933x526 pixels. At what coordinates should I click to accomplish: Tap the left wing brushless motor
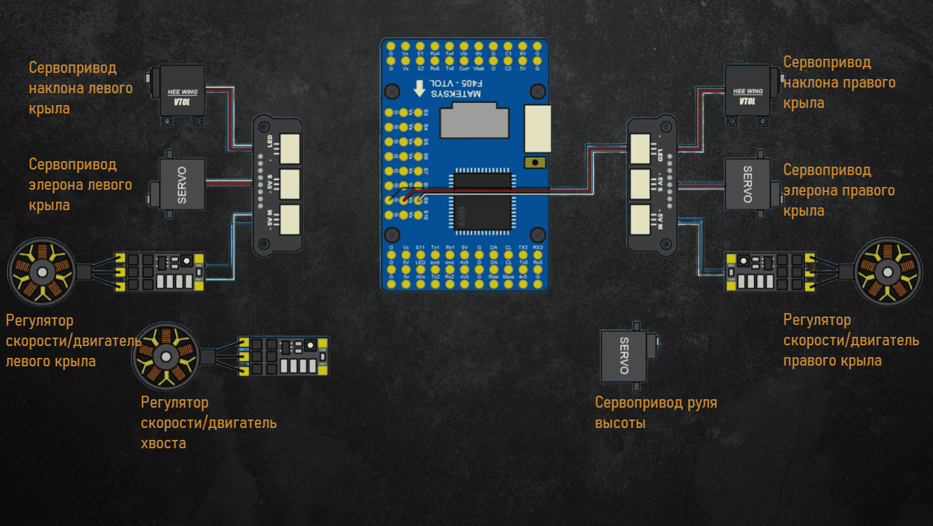(41, 272)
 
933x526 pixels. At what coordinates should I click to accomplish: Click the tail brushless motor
(167, 356)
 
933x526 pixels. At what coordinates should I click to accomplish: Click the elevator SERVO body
(624, 356)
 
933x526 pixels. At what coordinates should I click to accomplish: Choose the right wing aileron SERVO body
(748, 184)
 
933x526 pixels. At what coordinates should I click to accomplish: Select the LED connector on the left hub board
(289, 145)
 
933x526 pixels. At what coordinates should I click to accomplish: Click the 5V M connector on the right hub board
(640, 219)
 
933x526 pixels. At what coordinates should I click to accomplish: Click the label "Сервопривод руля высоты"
(656, 413)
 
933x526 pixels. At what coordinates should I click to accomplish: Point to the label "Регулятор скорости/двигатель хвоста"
(209, 423)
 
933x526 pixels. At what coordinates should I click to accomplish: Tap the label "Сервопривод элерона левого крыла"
(80, 185)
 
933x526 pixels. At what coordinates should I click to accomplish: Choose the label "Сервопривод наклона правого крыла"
(839, 83)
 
